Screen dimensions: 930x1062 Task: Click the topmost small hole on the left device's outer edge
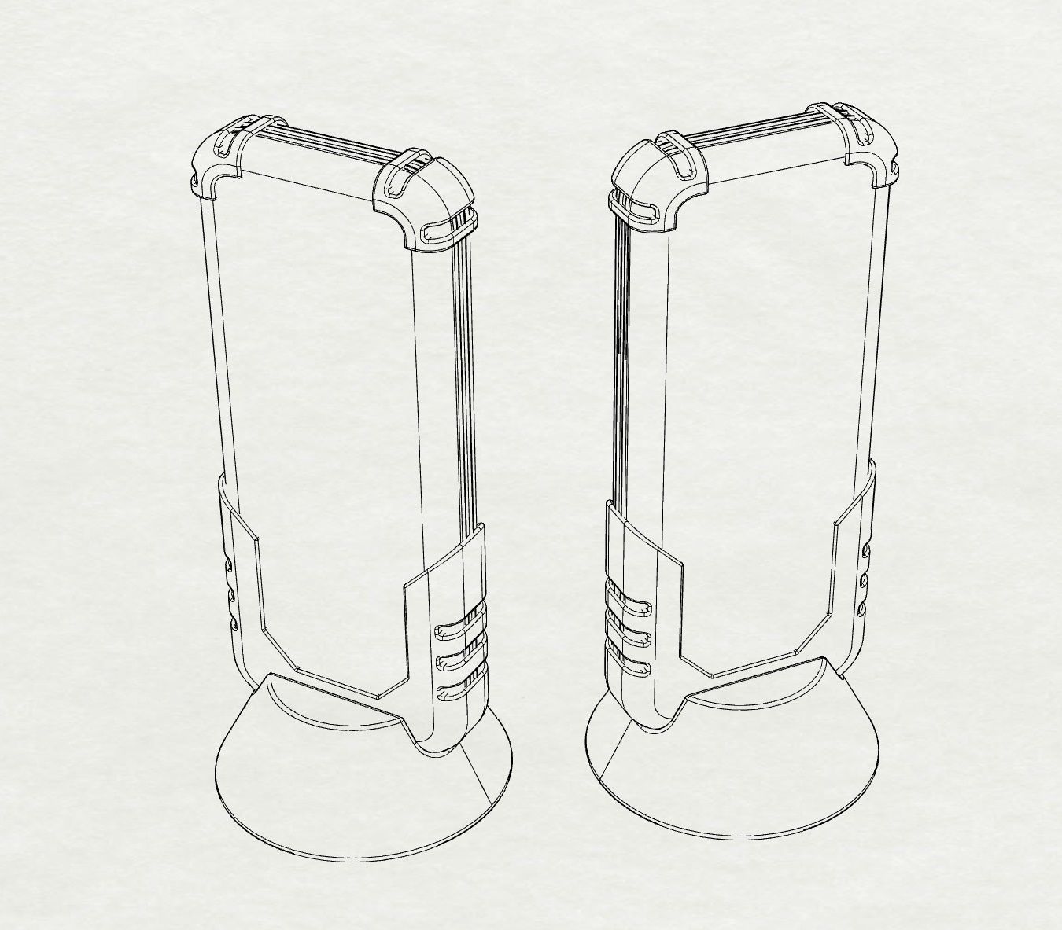(229, 564)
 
